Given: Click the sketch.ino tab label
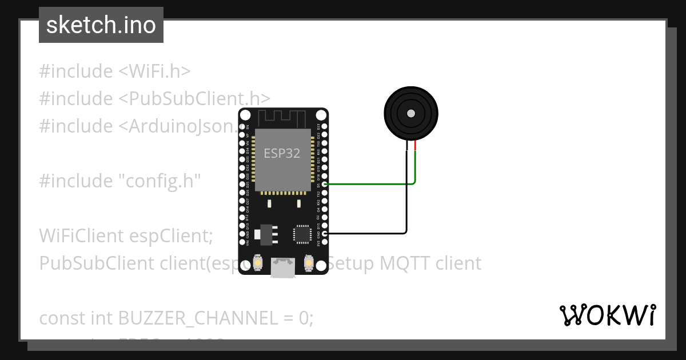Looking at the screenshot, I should point(101,25).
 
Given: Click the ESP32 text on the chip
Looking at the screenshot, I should point(281,154).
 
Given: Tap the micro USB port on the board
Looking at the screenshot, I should point(283,268).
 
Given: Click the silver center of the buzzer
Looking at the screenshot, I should point(410,114).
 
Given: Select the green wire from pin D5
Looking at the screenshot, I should point(372,184).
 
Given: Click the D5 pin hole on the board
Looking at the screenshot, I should point(325,184).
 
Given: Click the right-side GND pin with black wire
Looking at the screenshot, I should point(325,233).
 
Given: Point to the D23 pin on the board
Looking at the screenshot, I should point(325,126).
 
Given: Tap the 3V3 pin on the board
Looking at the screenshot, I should point(325,242).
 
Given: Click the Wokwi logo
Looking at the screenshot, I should point(608,315).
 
